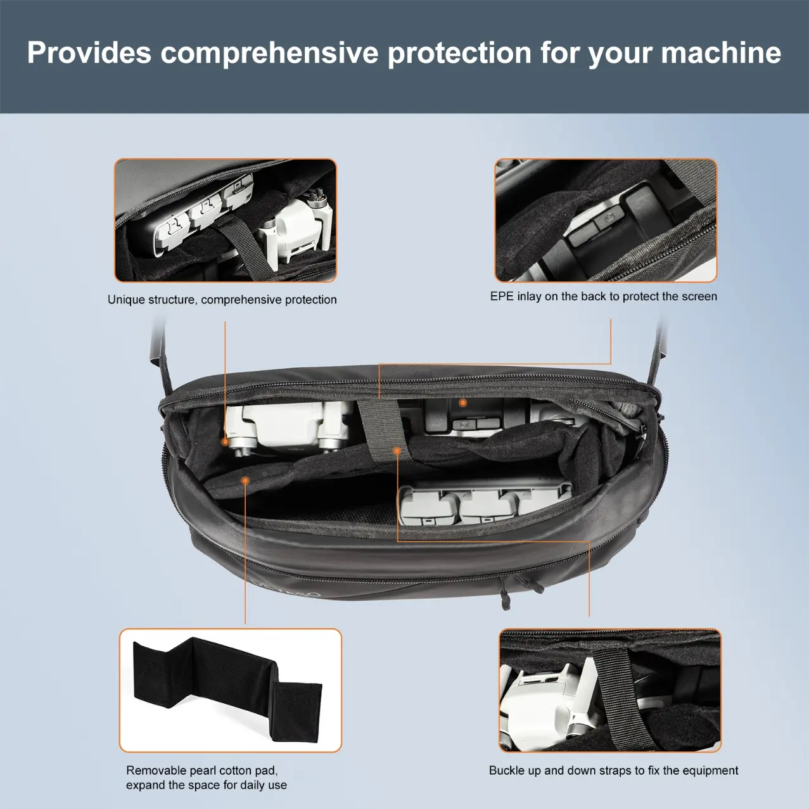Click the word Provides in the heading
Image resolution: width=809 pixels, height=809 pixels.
[89, 53]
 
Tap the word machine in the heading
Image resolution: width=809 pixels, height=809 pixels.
[721, 53]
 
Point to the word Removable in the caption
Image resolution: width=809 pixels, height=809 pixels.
[156, 770]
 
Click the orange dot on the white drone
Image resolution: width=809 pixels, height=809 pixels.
[226, 442]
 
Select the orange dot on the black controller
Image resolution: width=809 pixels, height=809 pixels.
[462, 403]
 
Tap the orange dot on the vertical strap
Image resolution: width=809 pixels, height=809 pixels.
[397, 451]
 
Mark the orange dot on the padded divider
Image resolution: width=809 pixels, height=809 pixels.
[246, 480]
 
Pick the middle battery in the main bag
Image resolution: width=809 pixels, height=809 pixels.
[487, 507]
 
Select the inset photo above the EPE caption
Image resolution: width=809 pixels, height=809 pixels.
[606, 220]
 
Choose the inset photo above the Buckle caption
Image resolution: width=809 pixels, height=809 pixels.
[610, 690]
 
